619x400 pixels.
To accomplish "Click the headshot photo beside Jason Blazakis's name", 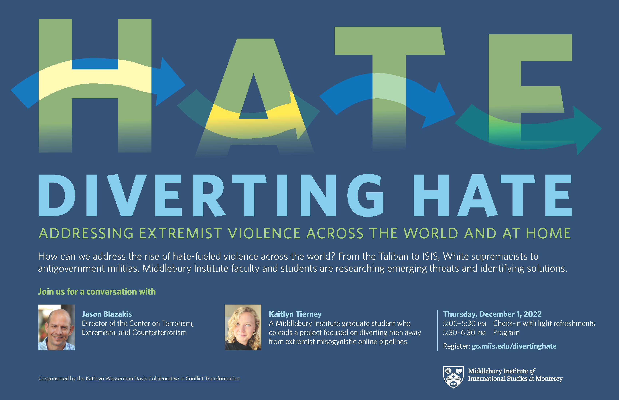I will [57, 327].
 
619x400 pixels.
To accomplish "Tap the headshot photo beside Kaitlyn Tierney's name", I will [243, 327].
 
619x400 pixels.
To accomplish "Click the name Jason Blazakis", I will [107, 314].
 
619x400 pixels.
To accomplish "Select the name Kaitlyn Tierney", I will [295, 314].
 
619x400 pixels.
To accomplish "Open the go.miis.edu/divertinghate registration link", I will [514, 346].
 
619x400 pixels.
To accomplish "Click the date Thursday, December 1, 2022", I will [492, 314].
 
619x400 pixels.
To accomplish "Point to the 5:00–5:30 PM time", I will [464, 324].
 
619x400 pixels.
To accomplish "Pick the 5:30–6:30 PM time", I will [464, 333].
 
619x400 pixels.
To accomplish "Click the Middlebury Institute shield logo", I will [453, 377].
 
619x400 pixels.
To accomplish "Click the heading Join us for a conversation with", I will [97, 292].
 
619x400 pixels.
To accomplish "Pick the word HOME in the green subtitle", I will [549, 233].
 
